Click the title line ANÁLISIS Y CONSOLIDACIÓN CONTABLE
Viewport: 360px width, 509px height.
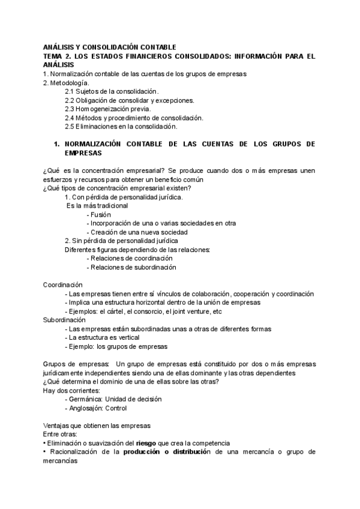pyautogui.click(x=110, y=46)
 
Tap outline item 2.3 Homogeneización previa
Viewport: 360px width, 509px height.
pyautogui.click(x=108, y=109)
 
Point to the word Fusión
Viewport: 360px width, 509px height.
pyautogui.click(x=100, y=214)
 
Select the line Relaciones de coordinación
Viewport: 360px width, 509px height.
pyautogui.click(x=134, y=258)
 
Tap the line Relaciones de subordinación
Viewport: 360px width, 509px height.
pyautogui.click(x=135, y=267)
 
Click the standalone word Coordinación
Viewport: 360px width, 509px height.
pyautogui.click(x=63, y=285)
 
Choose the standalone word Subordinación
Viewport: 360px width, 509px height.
pyautogui.click(x=64, y=320)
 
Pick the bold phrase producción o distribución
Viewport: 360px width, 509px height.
pyautogui.click(x=167, y=452)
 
